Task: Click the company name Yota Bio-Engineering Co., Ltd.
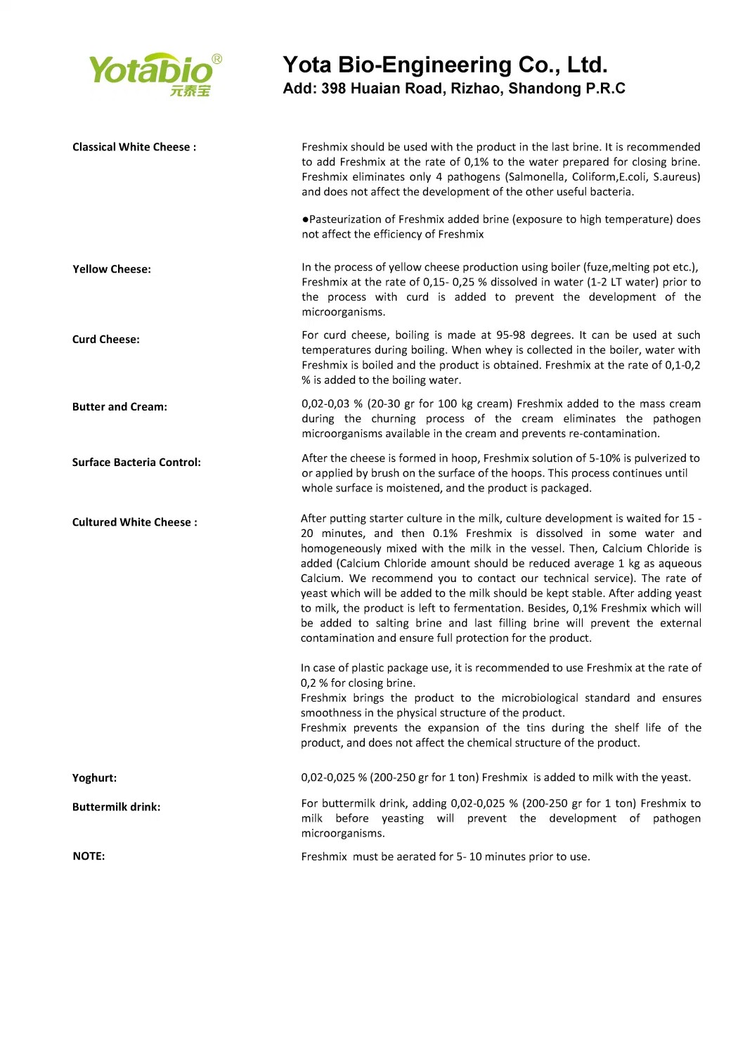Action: pos(445,65)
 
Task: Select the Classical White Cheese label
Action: pos(134,147)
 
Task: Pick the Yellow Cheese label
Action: pos(111,269)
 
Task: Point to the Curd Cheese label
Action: pos(105,340)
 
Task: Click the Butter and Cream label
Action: pos(119,407)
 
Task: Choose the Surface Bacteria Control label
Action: pos(136,463)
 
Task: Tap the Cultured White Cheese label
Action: pos(134,522)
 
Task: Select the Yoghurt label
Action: pos(94,778)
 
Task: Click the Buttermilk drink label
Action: pos(116,807)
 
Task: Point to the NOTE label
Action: pos(89,856)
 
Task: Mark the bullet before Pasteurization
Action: pos(305,220)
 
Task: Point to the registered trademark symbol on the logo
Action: pos(216,60)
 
